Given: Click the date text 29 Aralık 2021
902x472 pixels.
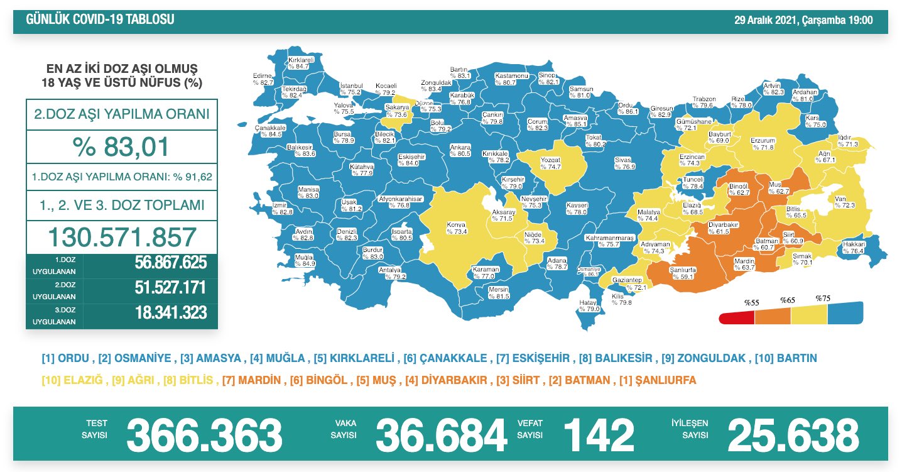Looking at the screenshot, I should pyautogui.click(x=766, y=20).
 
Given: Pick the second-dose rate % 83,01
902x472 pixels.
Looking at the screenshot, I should pyautogui.click(x=122, y=147).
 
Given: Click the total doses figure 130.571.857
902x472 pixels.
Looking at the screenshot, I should pyautogui.click(x=122, y=238).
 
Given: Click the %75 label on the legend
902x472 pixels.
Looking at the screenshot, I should pyautogui.click(x=823, y=298).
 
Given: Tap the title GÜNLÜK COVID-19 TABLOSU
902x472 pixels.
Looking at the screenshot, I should pyautogui.click(x=101, y=20).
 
